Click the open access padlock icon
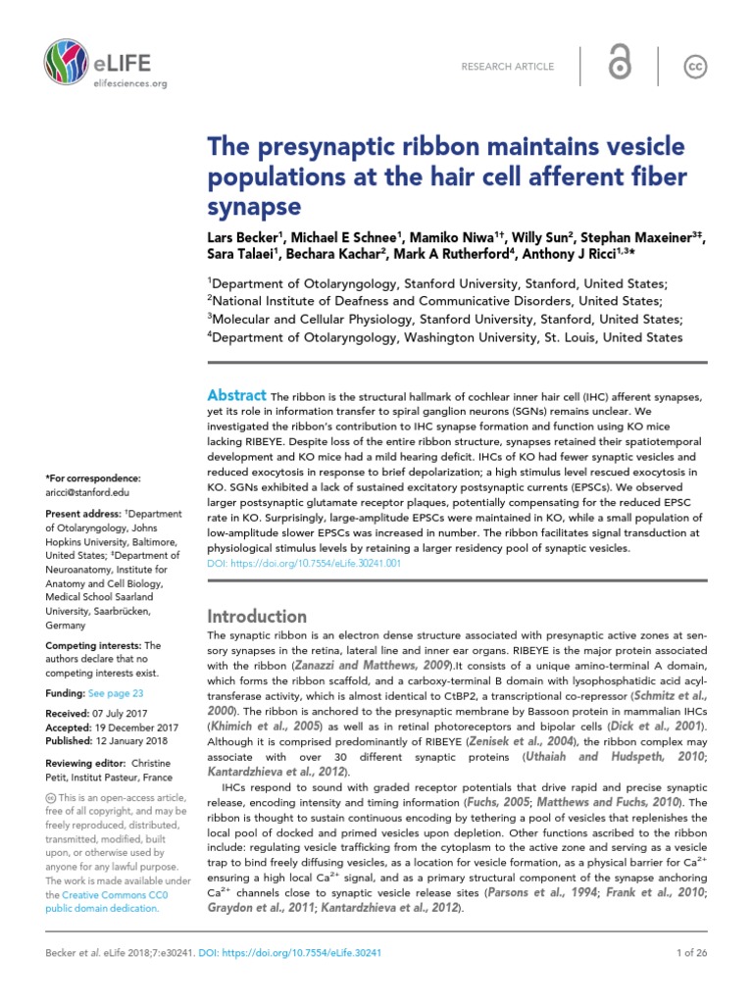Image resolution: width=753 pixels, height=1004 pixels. coord(619,65)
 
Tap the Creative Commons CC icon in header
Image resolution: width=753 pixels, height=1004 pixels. coord(694,66)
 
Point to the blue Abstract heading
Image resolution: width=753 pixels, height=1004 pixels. coord(236,394)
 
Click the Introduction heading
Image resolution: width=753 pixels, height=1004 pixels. coord(257,616)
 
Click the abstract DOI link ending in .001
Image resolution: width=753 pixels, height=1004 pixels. coord(304,564)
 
